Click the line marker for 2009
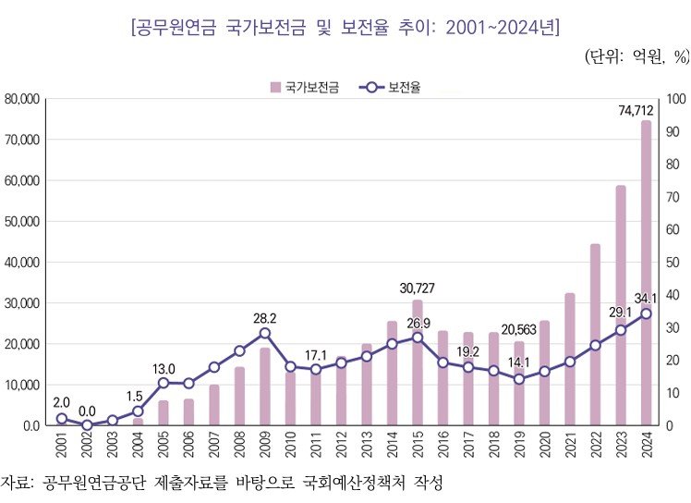pyautogui.click(x=265, y=333)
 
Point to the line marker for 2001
pyautogui.click(x=62, y=419)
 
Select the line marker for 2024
pyautogui.click(x=646, y=313)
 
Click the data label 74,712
pyautogui.click(x=636, y=111)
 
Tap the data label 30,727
pyautogui.click(x=417, y=288)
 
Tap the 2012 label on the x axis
pyautogui.click(x=341, y=447)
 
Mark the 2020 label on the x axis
pyautogui.click(x=544, y=447)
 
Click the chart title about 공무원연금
pyautogui.click(x=345, y=26)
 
